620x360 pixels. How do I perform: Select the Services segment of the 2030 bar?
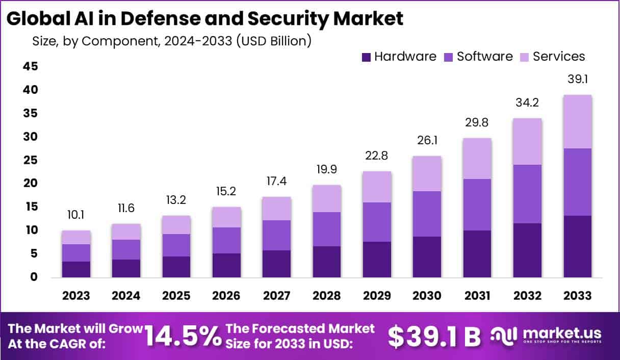point(427,173)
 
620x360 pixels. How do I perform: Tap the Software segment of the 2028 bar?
point(327,229)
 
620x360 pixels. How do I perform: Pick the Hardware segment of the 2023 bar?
point(76,269)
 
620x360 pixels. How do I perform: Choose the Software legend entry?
point(484,57)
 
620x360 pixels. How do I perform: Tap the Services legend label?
point(559,57)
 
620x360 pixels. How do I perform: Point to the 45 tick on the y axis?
point(30,66)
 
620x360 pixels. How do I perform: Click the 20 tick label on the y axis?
point(30,183)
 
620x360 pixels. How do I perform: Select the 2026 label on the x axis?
point(226,296)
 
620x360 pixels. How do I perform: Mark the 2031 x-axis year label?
point(477,296)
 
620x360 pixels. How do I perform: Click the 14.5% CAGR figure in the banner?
point(183,336)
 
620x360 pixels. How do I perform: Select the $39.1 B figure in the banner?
point(434,336)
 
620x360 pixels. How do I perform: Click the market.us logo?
point(546,335)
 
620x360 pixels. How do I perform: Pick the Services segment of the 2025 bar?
point(176,225)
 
